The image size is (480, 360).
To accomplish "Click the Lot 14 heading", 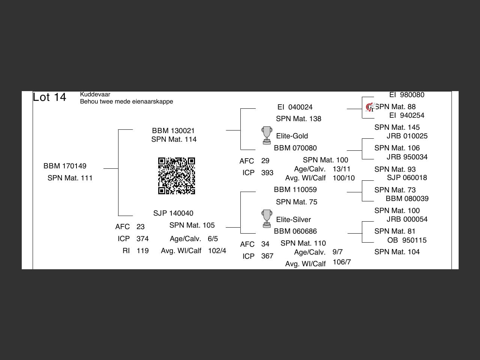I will [x=49, y=97].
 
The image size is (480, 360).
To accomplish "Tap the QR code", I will [x=177, y=176].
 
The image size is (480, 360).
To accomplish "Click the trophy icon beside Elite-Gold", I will [x=267, y=135].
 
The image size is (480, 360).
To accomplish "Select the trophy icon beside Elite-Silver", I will [x=267, y=219].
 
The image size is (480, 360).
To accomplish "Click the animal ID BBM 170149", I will [x=65, y=166].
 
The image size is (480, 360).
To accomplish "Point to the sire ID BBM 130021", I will [x=173, y=130].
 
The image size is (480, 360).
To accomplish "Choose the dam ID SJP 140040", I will [x=173, y=213].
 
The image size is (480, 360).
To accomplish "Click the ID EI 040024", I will [x=295, y=107].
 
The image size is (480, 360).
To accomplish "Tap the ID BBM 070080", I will [x=295, y=148].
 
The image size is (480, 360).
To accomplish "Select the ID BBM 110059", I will [x=295, y=189].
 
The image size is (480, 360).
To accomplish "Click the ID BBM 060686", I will [x=295, y=231].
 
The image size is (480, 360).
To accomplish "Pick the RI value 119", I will [x=142, y=250].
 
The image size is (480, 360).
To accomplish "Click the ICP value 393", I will [x=267, y=172].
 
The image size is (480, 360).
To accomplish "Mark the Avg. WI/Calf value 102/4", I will [x=217, y=250].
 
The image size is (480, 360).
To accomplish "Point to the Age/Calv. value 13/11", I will [x=342, y=169].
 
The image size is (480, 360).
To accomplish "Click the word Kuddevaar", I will [x=95, y=94].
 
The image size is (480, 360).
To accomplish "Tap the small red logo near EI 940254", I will [x=370, y=108].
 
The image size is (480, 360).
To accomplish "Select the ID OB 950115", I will [x=407, y=240].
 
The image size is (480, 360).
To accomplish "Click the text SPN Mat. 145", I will [x=397, y=127].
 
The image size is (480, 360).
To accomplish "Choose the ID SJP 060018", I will [x=407, y=177].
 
